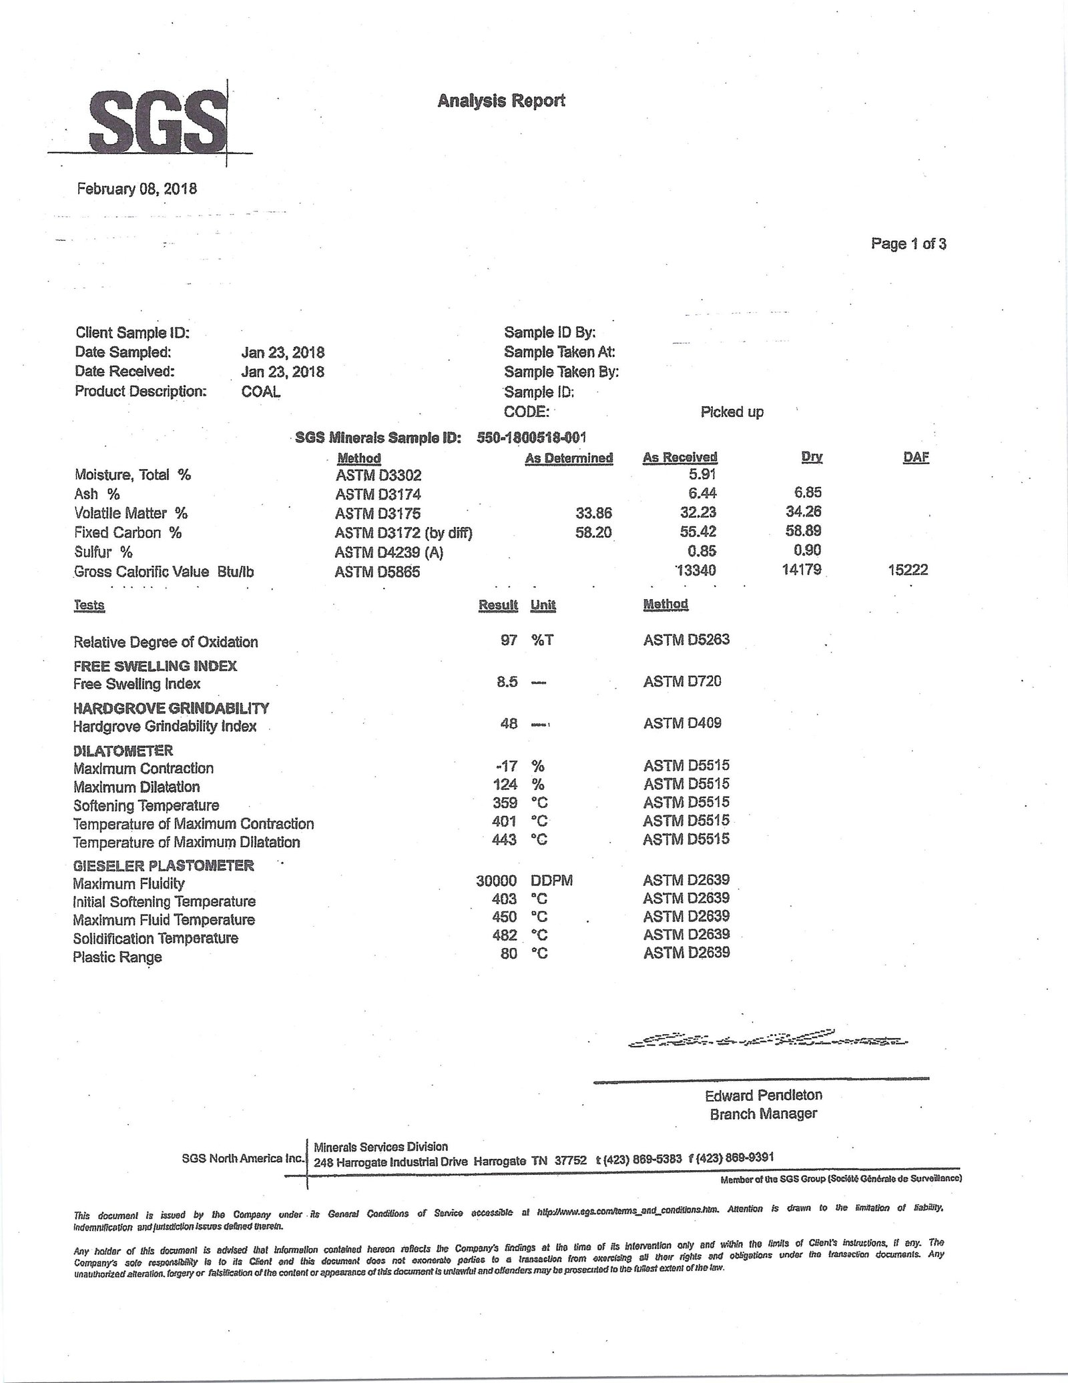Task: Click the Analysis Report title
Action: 501,101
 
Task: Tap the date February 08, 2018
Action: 137,188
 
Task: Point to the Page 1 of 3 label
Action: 908,244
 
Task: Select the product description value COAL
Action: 261,392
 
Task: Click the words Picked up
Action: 732,412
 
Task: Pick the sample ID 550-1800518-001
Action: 531,438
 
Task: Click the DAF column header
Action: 915,457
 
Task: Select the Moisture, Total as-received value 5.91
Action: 702,475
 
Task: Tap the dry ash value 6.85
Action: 808,493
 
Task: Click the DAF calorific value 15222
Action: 908,570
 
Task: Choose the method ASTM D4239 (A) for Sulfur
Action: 389,552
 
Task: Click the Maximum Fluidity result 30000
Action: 497,881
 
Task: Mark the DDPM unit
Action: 551,881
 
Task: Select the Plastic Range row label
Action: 117,957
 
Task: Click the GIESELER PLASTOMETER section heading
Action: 164,865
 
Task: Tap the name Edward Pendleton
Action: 763,1095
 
